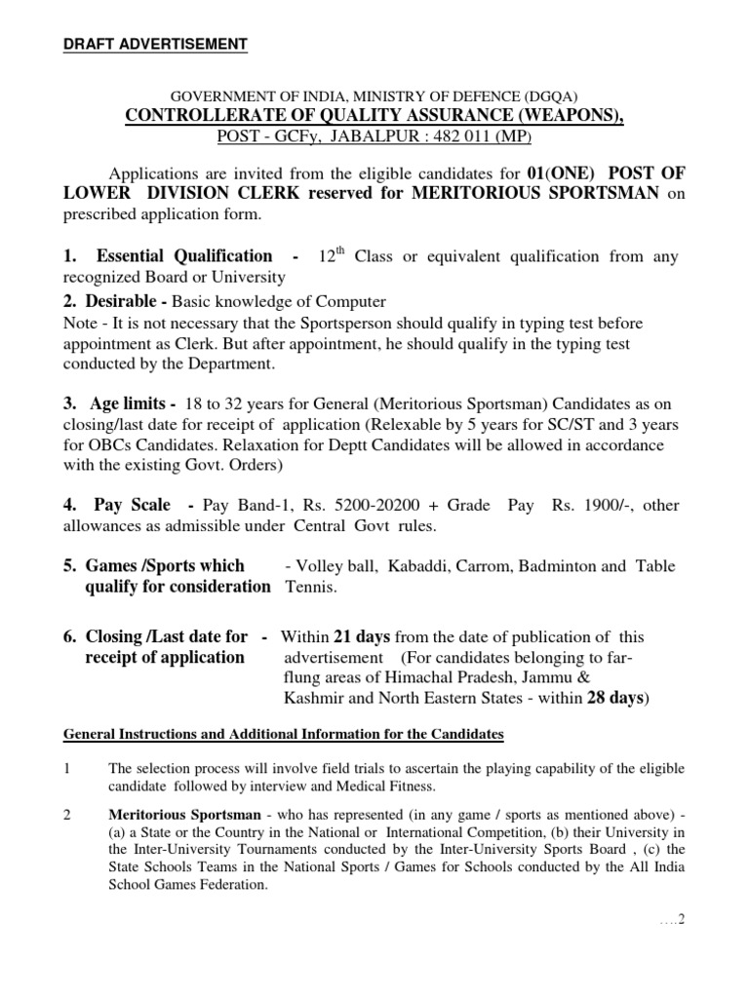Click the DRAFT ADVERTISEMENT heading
pos(155,44)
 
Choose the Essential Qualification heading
pos(184,256)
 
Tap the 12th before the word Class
pos(333,255)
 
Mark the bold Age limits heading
pos(133,403)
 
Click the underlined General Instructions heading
pos(283,733)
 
